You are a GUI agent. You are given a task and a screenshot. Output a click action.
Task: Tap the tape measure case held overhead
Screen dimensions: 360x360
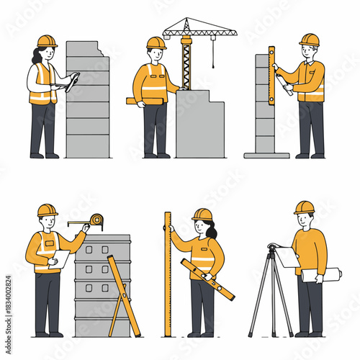pos(96,220)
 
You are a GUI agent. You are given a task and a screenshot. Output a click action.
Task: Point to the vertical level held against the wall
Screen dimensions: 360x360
pos(271,76)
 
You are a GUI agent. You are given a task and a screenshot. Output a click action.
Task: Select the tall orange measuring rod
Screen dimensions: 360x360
pos(167,274)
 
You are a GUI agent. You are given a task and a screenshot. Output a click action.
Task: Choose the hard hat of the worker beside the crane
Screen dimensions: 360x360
pos(156,42)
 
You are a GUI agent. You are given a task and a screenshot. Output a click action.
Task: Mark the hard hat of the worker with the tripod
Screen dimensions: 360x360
pos(304,207)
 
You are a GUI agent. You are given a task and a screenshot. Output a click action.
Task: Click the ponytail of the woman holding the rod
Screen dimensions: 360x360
pos(212,230)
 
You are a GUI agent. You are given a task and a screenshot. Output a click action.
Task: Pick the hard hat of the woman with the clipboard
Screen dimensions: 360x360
pos(47,41)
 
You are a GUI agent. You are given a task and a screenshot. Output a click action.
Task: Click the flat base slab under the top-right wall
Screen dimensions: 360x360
pos(266,155)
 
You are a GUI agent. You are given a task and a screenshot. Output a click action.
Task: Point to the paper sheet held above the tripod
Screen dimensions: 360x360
pos(288,256)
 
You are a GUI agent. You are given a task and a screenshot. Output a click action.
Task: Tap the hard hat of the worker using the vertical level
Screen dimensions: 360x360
pos(309,40)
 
